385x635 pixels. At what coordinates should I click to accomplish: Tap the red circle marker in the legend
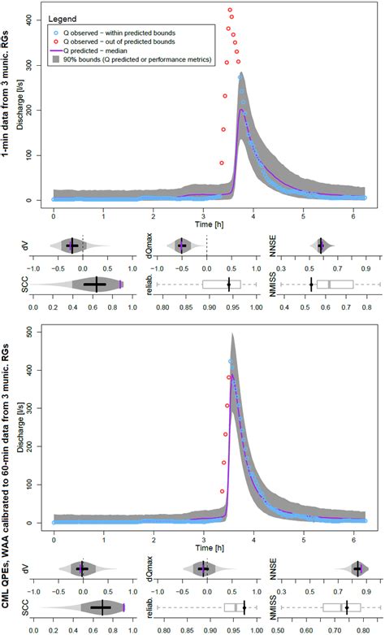click(53, 40)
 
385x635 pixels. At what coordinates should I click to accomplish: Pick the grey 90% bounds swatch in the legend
click(53, 60)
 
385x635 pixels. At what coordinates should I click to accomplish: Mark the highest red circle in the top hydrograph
click(231, 10)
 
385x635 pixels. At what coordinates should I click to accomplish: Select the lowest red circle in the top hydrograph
click(221, 163)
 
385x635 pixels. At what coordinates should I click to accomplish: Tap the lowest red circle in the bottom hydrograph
click(221, 491)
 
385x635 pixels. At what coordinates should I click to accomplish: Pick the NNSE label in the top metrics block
click(268, 244)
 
